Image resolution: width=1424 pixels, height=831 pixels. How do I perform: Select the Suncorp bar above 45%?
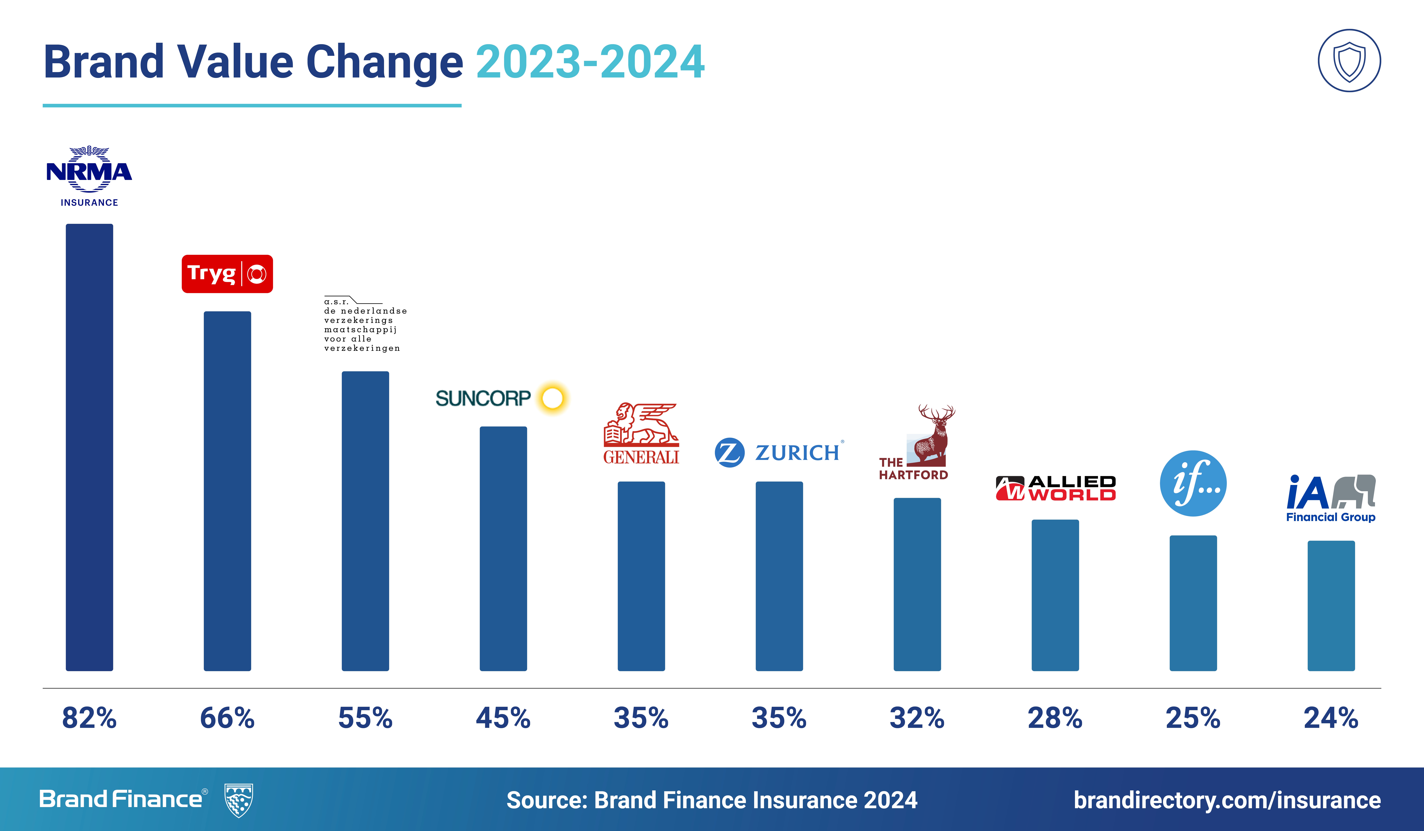(503, 548)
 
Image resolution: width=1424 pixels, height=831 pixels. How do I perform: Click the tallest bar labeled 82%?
(89, 447)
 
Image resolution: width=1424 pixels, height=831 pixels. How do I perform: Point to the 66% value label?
(227, 718)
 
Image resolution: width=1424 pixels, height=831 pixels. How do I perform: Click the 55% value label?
(365, 718)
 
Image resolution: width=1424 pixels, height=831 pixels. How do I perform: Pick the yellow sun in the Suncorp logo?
(552, 398)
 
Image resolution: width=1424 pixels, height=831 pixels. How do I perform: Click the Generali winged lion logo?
(641, 433)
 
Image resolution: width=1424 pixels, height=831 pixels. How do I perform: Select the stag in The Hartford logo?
(934, 435)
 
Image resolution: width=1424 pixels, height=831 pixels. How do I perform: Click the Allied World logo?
(1055, 488)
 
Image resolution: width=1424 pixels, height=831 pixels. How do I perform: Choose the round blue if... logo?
(1193, 483)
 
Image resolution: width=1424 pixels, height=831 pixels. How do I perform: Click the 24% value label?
(1331, 718)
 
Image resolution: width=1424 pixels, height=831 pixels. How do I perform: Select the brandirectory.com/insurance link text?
(1227, 800)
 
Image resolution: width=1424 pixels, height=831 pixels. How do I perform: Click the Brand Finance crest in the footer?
(239, 800)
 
